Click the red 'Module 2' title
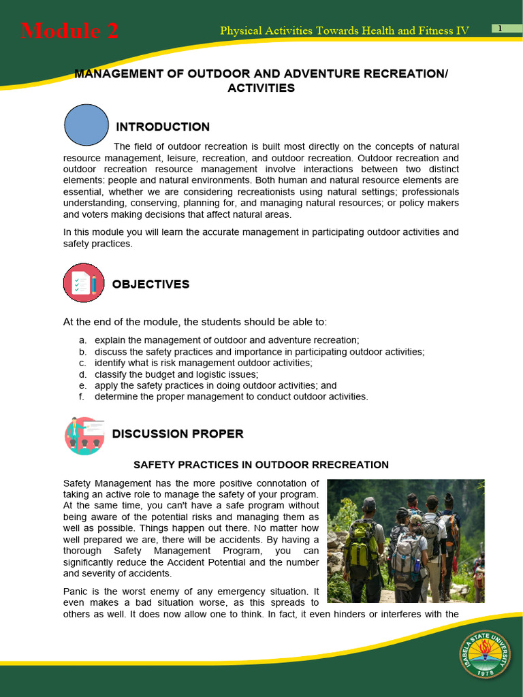point(69,31)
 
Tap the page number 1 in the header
point(501,28)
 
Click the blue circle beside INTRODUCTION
point(86,125)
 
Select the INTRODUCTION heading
point(163,127)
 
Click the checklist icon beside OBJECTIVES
point(84,282)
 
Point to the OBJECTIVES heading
point(150,285)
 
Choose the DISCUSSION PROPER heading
point(177,434)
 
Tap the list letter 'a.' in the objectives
point(82,340)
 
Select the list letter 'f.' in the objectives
point(82,397)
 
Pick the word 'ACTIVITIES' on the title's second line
point(261,88)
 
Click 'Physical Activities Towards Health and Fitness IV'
point(345,31)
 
